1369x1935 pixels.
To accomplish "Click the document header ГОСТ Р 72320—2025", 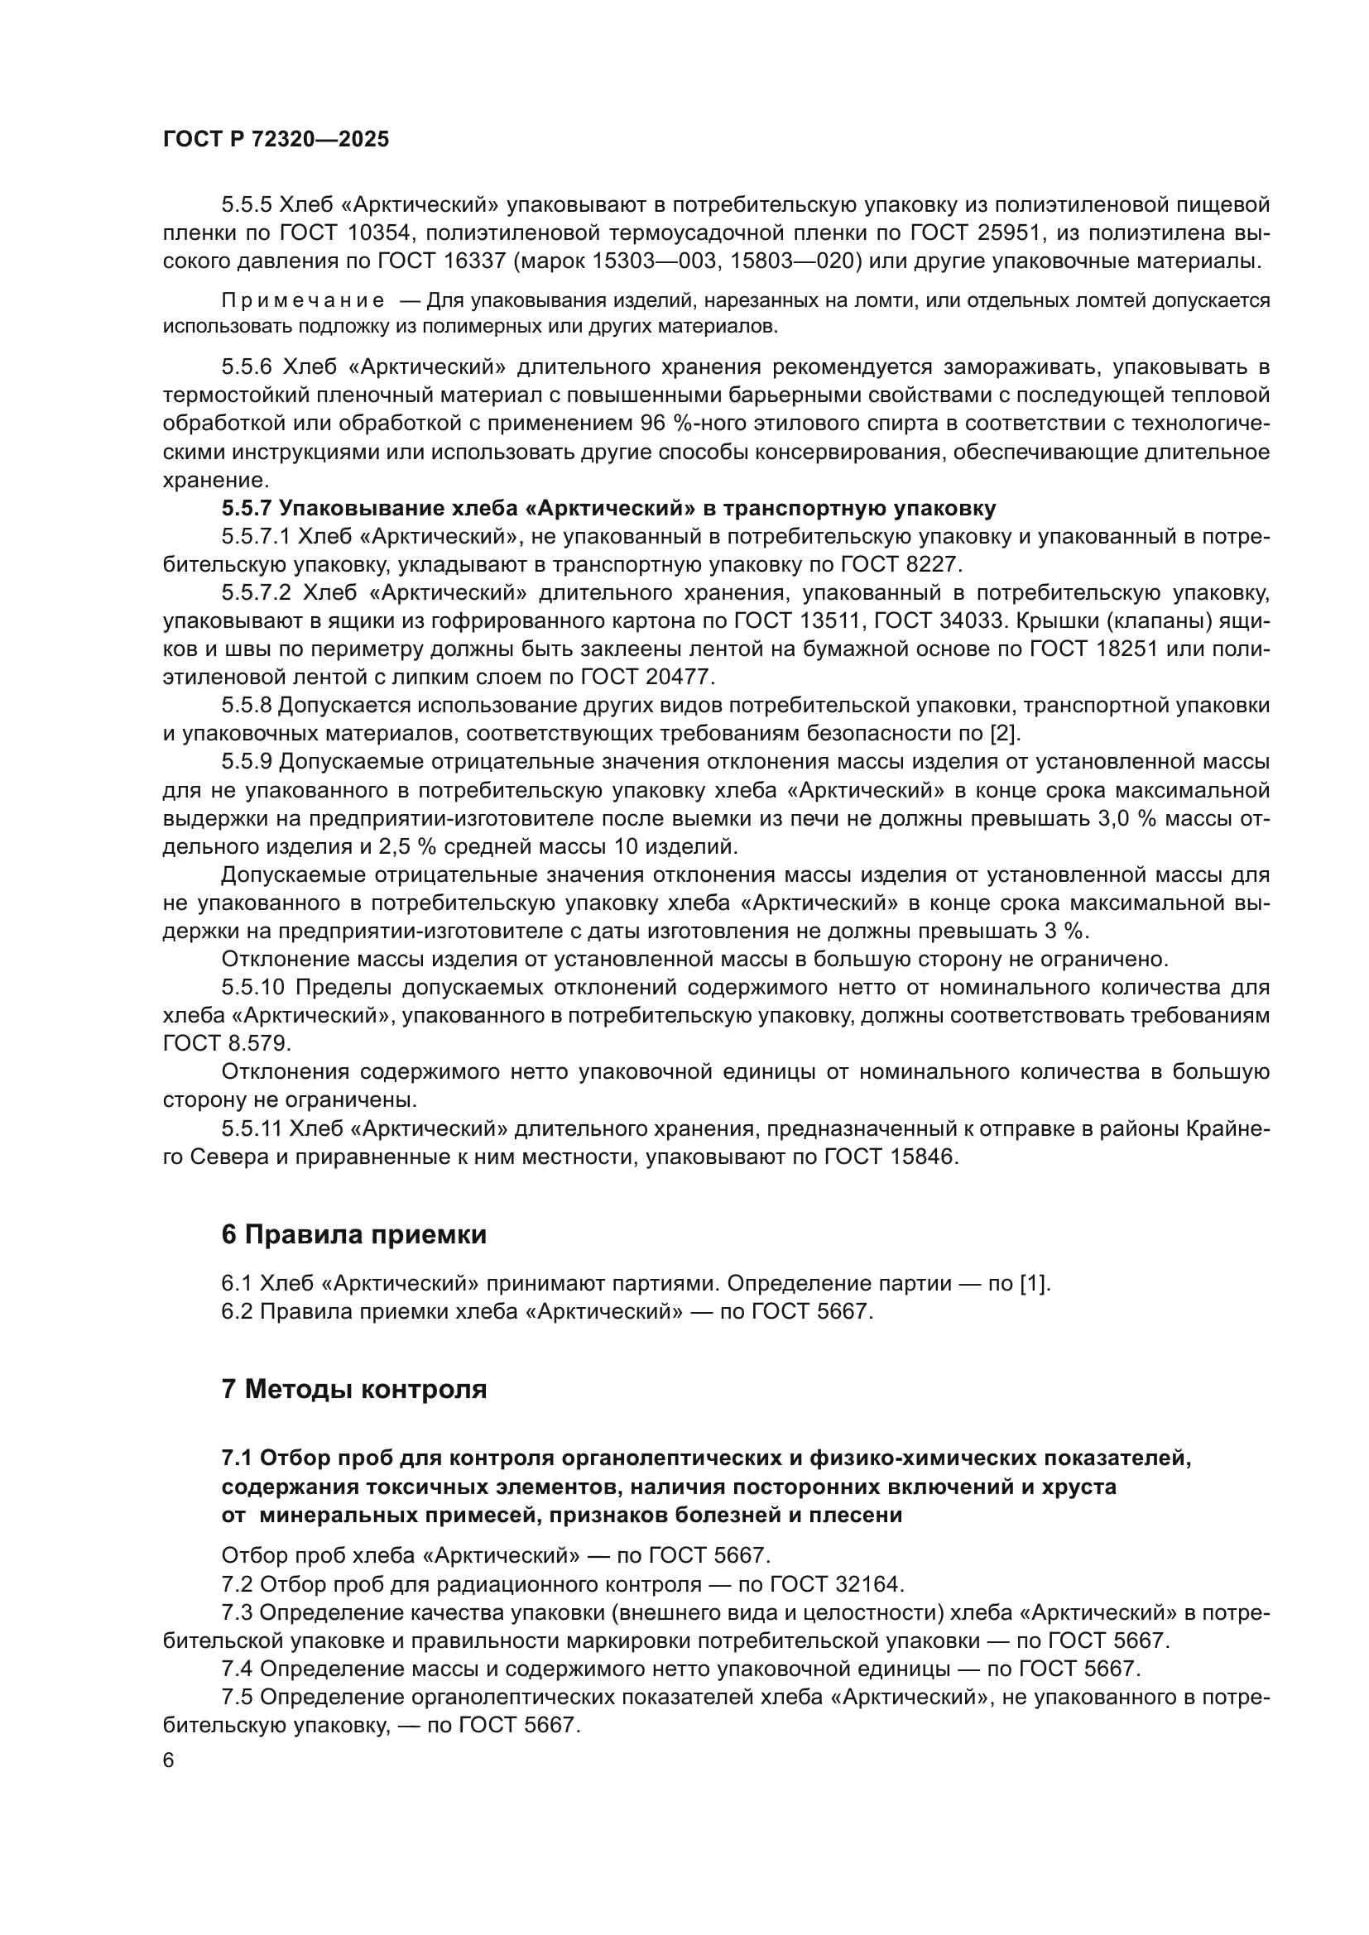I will click(276, 140).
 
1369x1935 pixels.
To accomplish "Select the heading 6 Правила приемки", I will click(354, 1234).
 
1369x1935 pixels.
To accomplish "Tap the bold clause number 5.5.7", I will click(246, 508).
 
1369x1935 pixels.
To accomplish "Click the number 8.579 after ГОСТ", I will click(258, 1043).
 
